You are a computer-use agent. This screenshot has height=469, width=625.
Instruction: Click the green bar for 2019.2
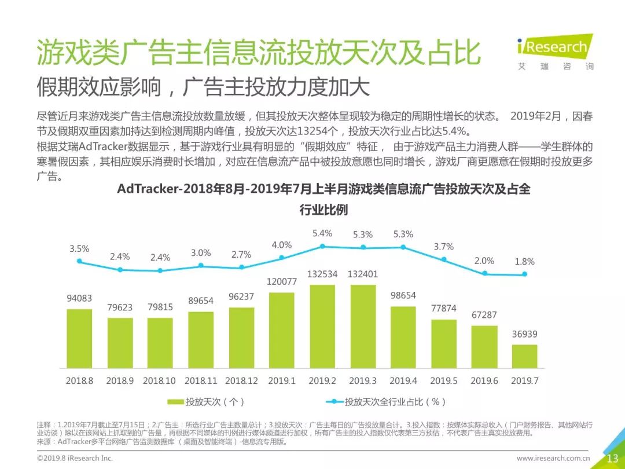point(322,326)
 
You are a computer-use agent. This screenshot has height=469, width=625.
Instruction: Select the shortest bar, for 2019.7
point(524,356)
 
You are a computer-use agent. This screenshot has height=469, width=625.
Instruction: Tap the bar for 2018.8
point(79,339)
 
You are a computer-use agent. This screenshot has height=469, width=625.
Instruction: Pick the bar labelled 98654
point(403,337)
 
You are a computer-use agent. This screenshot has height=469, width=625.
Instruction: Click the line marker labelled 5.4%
point(322,247)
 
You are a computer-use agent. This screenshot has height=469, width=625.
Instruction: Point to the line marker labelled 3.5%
point(79,261)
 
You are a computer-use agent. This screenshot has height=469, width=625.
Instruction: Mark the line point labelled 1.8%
point(524,274)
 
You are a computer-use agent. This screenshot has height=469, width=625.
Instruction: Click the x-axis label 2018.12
point(241,381)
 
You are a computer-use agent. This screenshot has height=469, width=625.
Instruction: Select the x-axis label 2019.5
point(444,381)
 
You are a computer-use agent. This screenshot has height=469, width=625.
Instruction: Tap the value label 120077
point(282,281)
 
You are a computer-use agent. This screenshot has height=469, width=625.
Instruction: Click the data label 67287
point(484,315)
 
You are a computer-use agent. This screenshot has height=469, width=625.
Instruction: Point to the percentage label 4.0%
point(282,245)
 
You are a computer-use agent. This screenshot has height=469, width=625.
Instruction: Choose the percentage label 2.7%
point(241,254)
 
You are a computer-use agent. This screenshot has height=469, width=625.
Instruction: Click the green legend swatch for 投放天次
point(175,402)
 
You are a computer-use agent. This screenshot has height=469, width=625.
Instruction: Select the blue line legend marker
point(334,402)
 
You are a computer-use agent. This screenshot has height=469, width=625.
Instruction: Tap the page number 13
point(613,458)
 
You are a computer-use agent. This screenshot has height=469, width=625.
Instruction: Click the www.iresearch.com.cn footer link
point(553,458)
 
